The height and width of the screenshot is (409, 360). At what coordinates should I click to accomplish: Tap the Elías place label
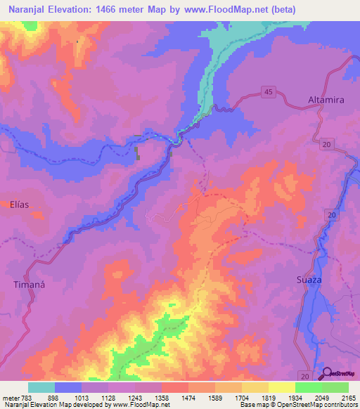20,204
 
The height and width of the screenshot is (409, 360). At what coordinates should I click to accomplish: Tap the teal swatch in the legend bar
41,387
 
